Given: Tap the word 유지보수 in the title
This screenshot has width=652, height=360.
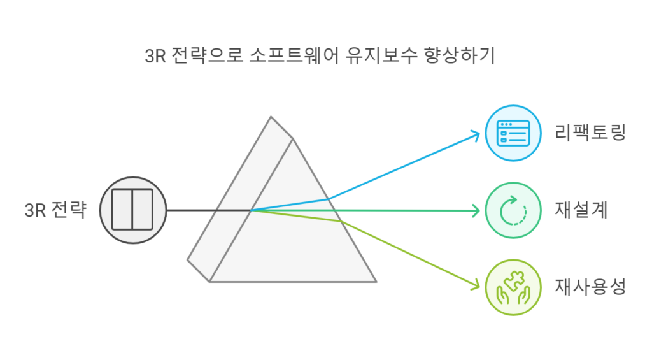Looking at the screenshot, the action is pos(381,56).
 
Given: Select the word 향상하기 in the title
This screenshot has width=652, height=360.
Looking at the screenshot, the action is pos(460,56).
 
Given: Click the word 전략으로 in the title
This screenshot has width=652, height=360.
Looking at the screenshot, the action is pos(207,56).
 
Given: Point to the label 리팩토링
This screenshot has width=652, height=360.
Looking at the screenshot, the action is pos(590,133).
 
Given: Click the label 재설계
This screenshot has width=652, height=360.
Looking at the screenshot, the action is pos(581,210).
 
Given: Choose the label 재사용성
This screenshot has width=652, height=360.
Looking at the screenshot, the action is pos(590,287).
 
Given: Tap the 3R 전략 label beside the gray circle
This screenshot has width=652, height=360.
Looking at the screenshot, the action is pos(56,210).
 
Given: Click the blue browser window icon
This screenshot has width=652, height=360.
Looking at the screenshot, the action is pos(513,133).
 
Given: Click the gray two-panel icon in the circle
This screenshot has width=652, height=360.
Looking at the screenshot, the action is pos(132,210).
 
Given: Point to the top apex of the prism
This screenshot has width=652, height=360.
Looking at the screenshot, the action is pos(271,117).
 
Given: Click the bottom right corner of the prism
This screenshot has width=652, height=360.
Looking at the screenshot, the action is pos(376,282).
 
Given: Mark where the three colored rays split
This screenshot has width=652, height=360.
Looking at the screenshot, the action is pos(251,210).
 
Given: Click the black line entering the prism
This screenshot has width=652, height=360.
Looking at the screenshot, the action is pos(208,210).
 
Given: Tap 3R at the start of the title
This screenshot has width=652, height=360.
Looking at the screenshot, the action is pos(155,56).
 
